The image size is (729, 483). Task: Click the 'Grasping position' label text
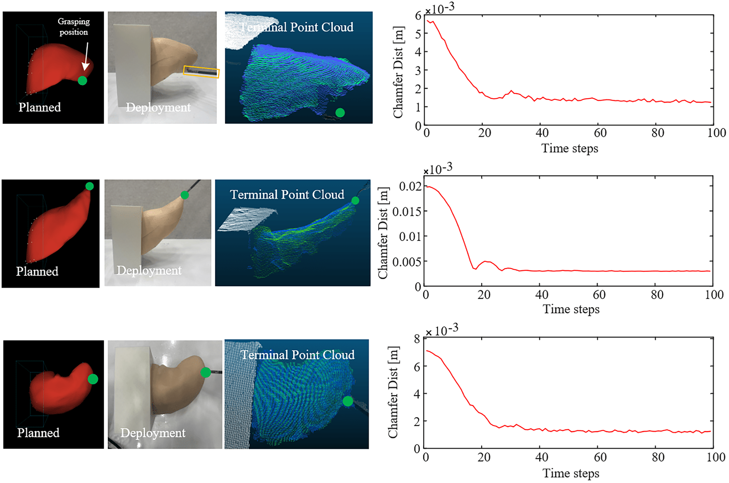coord(74,27)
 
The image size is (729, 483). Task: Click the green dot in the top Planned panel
coord(82,81)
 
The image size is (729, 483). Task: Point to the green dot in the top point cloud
coord(340,113)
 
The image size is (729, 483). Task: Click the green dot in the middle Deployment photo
coord(184,195)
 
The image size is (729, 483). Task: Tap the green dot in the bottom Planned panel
coord(93,379)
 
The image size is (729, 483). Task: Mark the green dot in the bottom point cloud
coord(348,401)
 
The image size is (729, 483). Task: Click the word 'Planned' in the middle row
coord(37,271)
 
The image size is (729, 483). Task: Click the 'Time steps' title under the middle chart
coord(571,309)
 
